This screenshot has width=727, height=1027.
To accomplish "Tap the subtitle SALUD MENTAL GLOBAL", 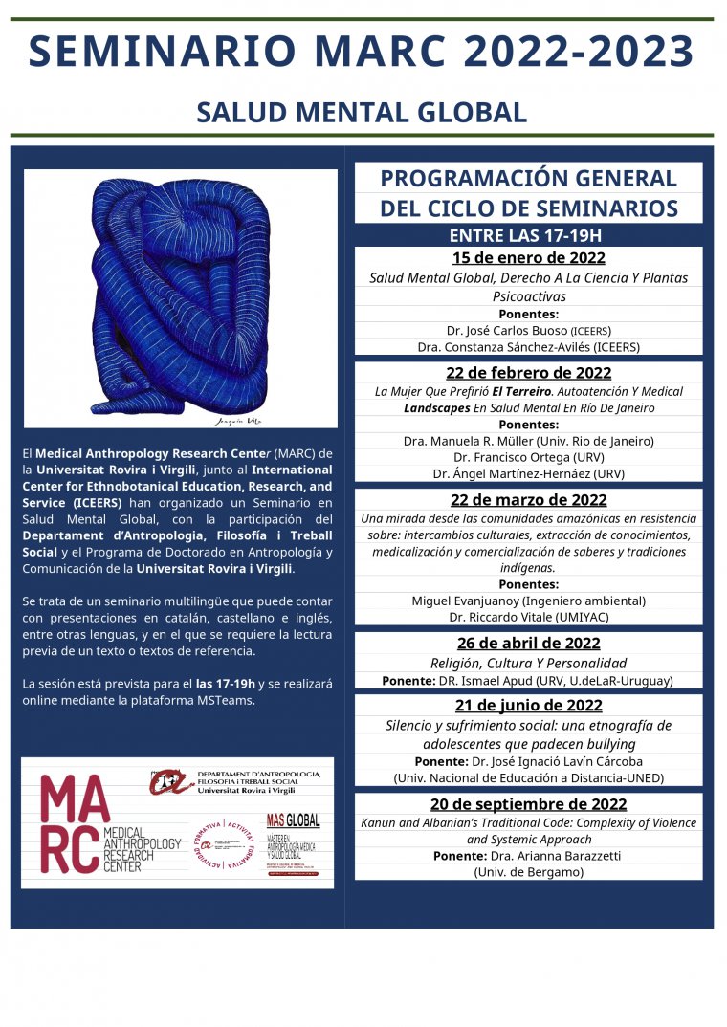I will tap(362, 112).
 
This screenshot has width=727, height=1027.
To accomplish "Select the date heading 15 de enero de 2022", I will tap(528, 258).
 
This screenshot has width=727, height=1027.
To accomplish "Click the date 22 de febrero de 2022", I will tap(528, 373).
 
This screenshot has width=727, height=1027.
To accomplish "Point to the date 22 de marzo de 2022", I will tap(528, 500).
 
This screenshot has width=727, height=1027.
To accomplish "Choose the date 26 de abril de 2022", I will tap(528, 643).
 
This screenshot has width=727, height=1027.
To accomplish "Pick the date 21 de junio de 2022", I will tap(528, 706).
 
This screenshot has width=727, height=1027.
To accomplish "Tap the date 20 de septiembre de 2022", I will tap(528, 804).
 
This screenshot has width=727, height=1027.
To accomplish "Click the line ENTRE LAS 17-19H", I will tap(528, 235).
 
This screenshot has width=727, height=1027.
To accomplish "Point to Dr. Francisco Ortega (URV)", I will tap(528, 457).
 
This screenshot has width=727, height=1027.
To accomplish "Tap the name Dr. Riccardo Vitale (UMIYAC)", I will tap(528, 618).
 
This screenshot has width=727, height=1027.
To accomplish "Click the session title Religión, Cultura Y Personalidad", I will tap(528, 663).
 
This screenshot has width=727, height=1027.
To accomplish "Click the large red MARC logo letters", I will tap(69, 821).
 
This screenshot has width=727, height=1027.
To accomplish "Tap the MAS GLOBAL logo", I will tap(293, 820).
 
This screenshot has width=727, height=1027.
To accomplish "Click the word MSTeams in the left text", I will tap(230, 700).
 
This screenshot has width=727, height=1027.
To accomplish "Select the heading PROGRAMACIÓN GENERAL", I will tap(528, 179).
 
